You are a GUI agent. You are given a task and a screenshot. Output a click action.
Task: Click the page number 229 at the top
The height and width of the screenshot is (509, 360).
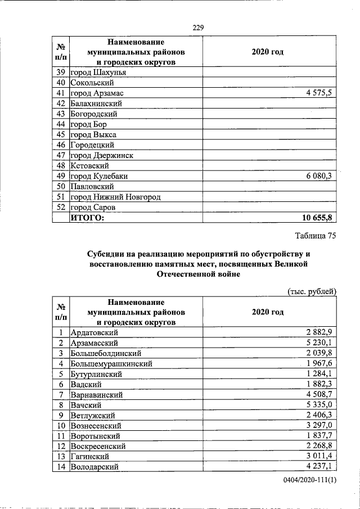coord(197,28)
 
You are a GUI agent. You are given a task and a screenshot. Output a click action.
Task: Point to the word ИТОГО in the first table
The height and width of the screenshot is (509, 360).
coord(87,218)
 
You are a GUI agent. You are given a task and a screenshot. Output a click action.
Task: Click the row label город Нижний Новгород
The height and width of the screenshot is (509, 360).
coord(115,197)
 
